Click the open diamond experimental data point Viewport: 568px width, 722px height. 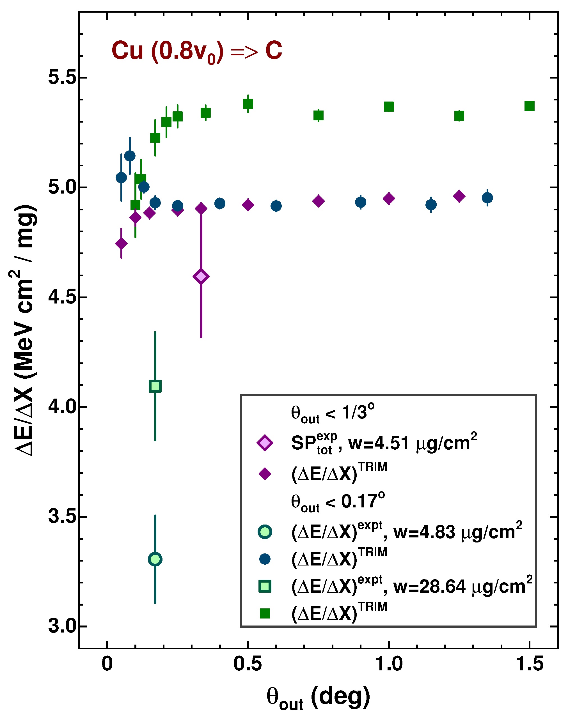tap(201, 276)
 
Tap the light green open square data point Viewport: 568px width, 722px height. tap(155, 386)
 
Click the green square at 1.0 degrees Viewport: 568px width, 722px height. tap(389, 107)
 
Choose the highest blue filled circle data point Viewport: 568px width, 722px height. tap(130, 156)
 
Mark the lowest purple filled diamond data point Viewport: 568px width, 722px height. tap(121, 243)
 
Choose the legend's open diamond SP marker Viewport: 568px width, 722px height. tap(265, 443)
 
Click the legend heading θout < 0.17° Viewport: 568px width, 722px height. tap(338, 502)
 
